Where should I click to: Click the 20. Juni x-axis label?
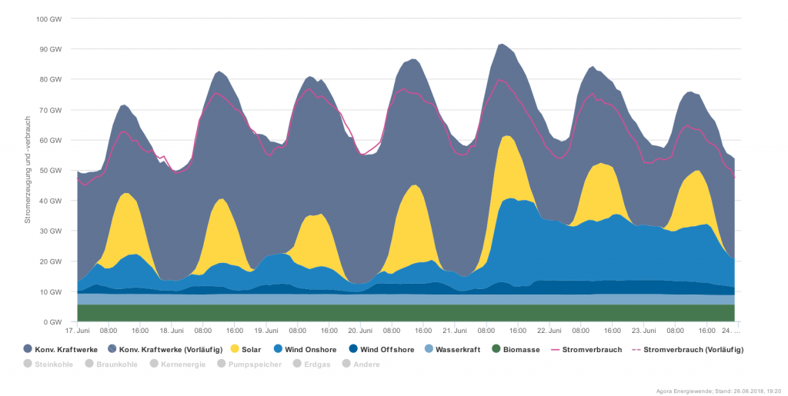click(x=360, y=330)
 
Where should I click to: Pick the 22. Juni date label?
click(x=549, y=330)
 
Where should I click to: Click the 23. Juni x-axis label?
click(x=643, y=330)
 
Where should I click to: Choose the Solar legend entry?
click(x=245, y=350)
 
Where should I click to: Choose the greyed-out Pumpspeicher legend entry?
click(x=250, y=364)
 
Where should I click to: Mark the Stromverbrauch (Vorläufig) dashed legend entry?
click(x=687, y=350)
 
